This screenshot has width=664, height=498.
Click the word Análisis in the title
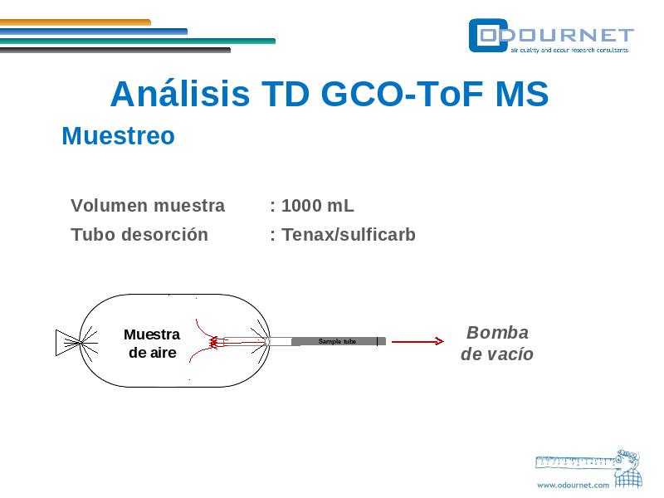[180, 94]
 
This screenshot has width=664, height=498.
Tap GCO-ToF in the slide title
[402, 94]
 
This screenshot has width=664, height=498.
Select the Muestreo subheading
[118, 136]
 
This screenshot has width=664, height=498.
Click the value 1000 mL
[318, 206]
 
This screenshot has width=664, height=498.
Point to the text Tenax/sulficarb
[349, 235]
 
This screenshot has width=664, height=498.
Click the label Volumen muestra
[148, 206]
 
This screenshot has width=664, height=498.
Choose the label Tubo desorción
[139, 235]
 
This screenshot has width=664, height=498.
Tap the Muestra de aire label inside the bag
[152, 344]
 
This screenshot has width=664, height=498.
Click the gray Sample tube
[339, 341]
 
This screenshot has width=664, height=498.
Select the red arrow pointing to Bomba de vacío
[417, 341]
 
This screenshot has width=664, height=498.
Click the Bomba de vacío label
[497, 344]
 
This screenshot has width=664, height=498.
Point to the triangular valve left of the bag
[68, 343]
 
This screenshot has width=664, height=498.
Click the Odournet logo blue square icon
[488, 36]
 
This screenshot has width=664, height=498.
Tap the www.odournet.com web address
[573, 486]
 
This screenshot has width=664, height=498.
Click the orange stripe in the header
[76, 22]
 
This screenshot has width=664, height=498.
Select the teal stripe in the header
[138, 41]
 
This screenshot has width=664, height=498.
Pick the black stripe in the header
[115, 51]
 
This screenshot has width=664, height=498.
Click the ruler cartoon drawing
[589, 467]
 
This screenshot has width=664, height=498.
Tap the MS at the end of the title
[522, 94]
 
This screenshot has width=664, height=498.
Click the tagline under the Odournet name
[569, 50]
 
